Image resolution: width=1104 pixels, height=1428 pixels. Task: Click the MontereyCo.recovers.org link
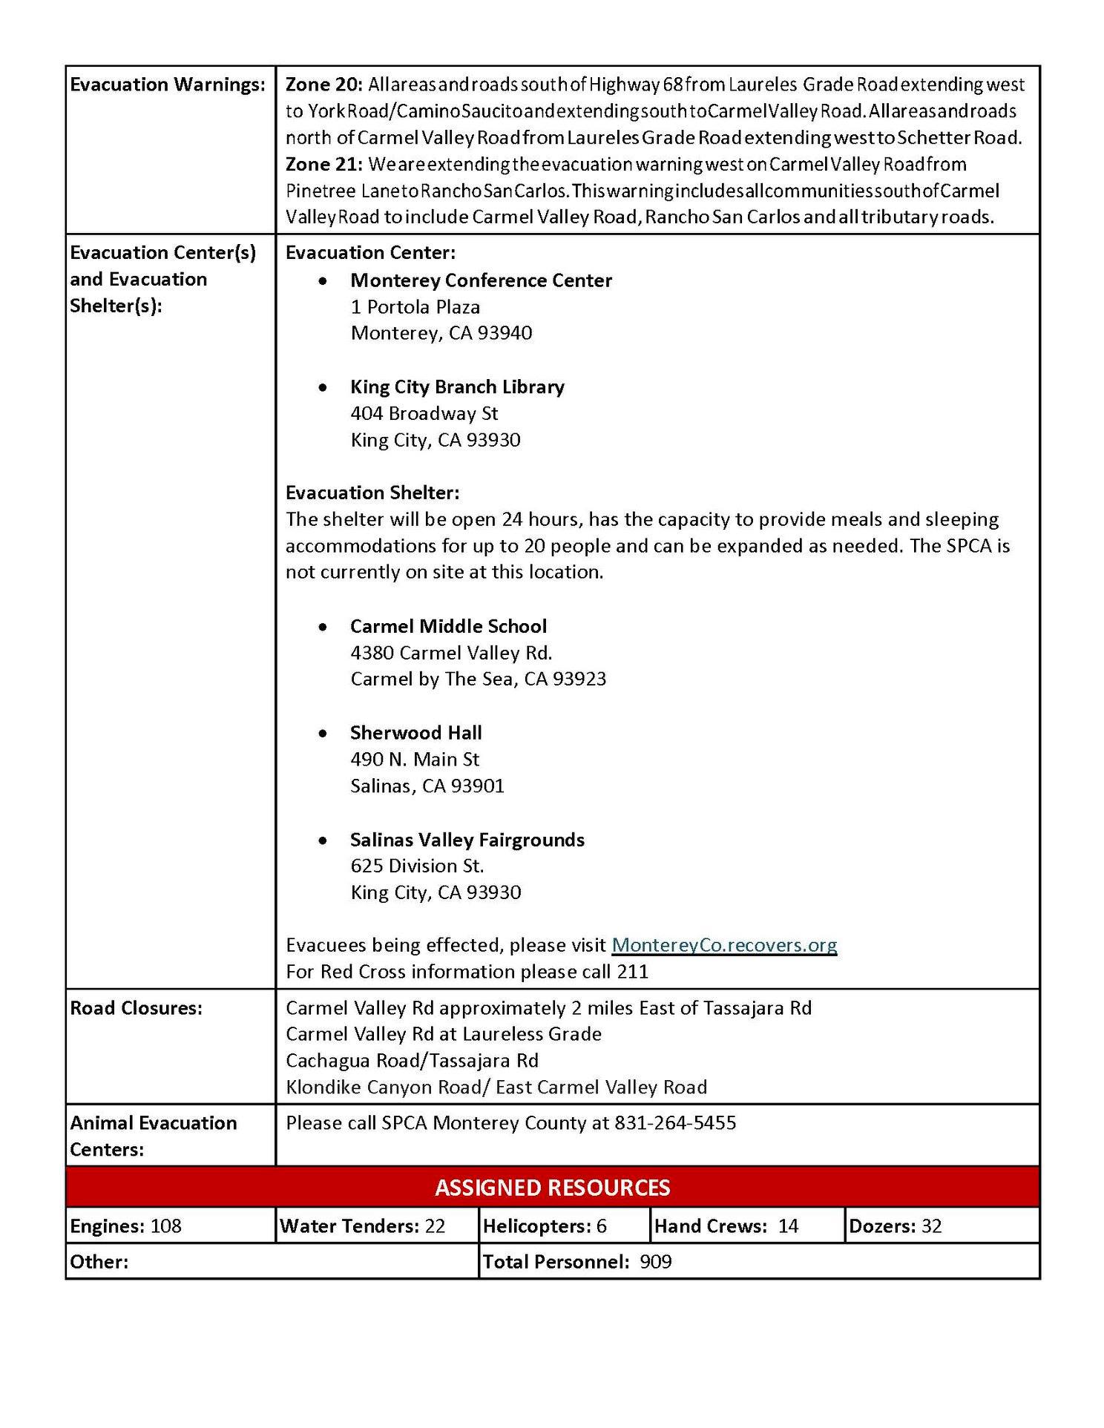(x=724, y=945)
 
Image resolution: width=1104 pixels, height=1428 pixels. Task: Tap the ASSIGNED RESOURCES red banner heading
(x=552, y=1188)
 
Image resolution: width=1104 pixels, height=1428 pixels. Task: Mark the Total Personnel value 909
(x=655, y=1262)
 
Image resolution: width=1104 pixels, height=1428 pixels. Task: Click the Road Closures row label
(x=136, y=1008)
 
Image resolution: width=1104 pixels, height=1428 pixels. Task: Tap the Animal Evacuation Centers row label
(x=153, y=1136)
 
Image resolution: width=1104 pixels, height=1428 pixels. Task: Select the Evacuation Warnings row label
(x=168, y=85)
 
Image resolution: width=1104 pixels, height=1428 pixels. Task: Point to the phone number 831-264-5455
(x=675, y=1123)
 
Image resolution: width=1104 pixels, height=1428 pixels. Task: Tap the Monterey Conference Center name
(x=481, y=280)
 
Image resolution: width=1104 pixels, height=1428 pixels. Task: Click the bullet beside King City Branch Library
(x=322, y=387)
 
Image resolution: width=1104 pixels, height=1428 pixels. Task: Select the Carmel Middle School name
(x=448, y=626)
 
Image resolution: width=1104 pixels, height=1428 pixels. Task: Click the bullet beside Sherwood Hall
(x=322, y=734)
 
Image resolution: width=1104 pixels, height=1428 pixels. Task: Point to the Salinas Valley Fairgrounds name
(x=467, y=840)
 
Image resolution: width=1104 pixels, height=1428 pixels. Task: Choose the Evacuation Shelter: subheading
(x=372, y=493)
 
